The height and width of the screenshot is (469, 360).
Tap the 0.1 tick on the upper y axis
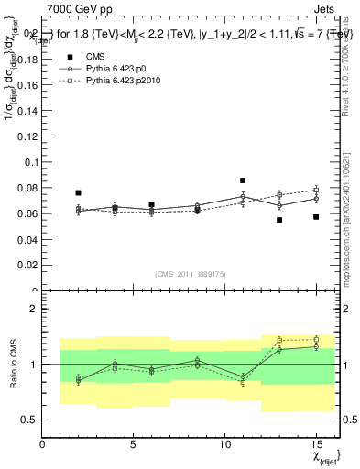pyautogui.click(x=31, y=162)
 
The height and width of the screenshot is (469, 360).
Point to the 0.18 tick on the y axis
pyautogui.click(x=28, y=59)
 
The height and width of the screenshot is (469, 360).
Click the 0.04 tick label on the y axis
pyautogui.click(x=28, y=240)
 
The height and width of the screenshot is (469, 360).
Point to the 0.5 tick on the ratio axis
pyautogui.click(x=29, y=420)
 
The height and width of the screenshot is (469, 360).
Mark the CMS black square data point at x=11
pyautogui.click(x=243, y=180)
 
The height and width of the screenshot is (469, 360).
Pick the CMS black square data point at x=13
pyautogui.click(x=279, y=220)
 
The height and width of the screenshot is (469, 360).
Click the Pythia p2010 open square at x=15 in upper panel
pyautogui.click(x=315, y=190)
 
